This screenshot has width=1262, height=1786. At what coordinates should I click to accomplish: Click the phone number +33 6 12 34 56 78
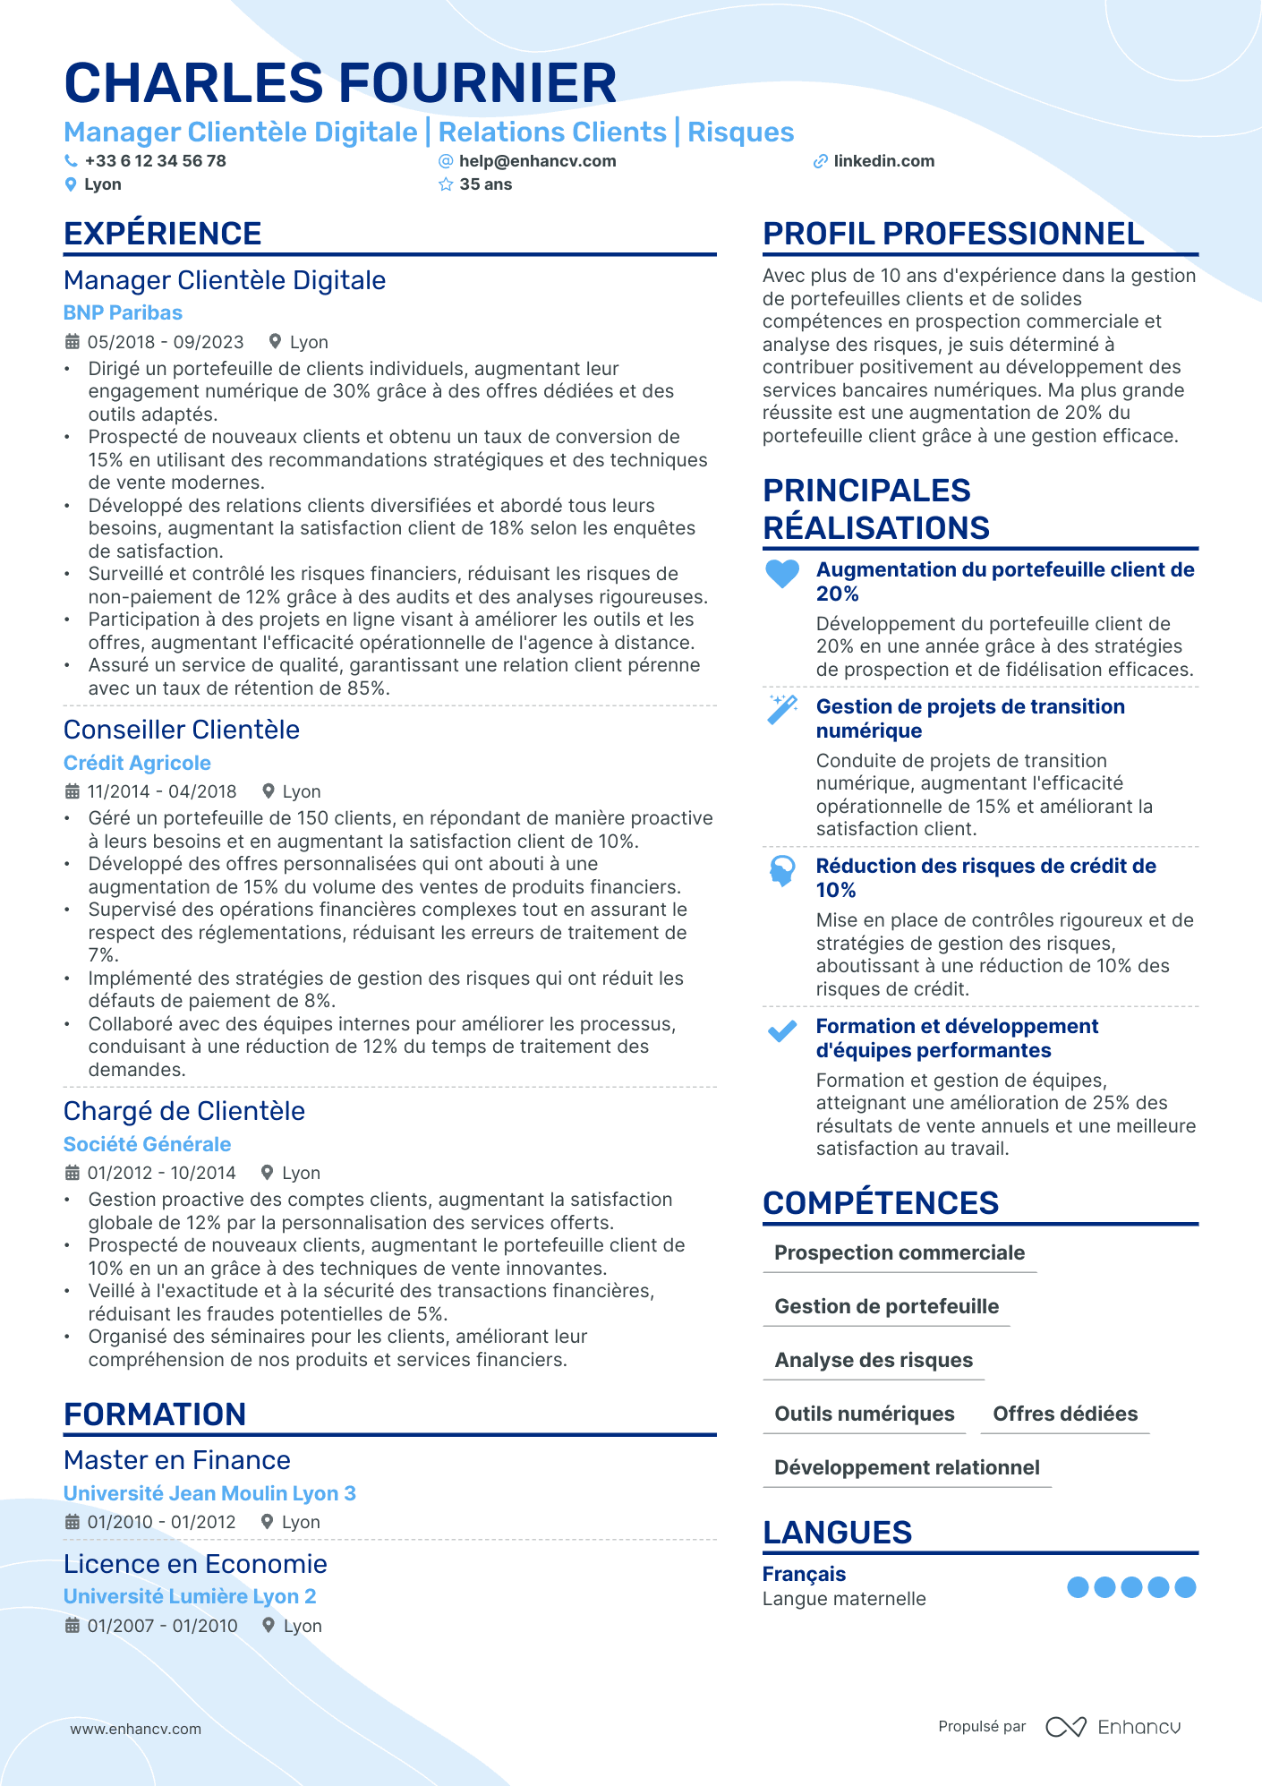155,161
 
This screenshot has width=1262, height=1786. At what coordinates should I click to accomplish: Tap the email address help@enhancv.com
537,161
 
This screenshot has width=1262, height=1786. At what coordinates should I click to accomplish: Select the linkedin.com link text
883,161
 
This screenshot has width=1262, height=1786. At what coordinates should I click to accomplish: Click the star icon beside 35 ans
446,184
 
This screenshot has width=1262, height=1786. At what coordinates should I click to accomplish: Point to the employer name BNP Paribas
123,312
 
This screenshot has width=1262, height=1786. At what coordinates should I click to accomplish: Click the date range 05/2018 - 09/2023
166,342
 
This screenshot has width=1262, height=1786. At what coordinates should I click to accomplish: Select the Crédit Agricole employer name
137,763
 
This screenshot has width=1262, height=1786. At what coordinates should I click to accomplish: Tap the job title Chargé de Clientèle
184,1111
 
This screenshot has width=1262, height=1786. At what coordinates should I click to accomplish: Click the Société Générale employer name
147,1144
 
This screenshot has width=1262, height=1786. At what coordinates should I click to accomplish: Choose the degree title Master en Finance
177,1460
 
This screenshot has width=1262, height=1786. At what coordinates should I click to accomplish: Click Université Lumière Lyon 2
190,1596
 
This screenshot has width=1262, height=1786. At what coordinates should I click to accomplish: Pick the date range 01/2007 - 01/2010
162,1626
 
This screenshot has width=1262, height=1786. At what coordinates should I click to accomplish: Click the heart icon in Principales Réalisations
782,573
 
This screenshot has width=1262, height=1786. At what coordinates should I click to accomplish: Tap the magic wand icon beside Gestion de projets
782,709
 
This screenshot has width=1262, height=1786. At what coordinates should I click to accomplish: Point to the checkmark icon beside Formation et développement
782,1031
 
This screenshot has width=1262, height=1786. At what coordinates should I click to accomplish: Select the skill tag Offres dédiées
1065,1414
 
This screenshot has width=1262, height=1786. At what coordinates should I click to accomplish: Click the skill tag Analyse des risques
874,1360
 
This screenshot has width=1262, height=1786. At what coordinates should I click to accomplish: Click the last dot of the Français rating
1185,1587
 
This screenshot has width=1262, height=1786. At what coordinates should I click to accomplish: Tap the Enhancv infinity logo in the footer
1066,1727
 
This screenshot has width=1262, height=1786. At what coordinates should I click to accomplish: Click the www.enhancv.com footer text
136,1729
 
